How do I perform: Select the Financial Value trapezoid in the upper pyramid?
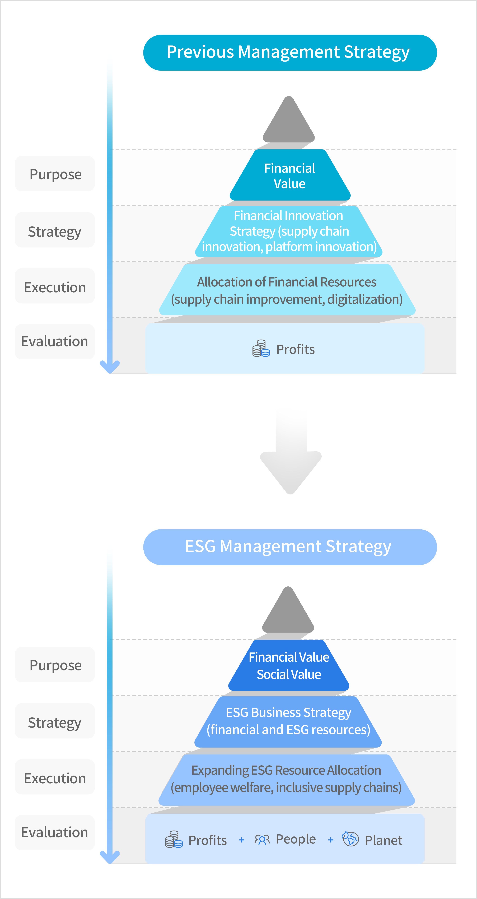(x=290, y=175)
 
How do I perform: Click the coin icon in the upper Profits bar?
(x=261, y=348)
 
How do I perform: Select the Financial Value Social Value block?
(x=289, y=666)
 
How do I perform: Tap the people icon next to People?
(x=262, y=840)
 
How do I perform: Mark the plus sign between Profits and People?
(x=241, y=840)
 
